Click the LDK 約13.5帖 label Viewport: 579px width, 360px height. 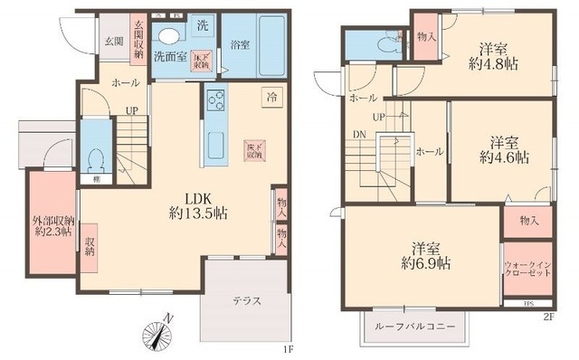197,205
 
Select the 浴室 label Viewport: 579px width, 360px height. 240,43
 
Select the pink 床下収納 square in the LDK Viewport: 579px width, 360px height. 252,150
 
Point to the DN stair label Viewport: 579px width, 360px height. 359,135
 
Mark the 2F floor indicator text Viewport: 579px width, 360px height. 548,315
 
